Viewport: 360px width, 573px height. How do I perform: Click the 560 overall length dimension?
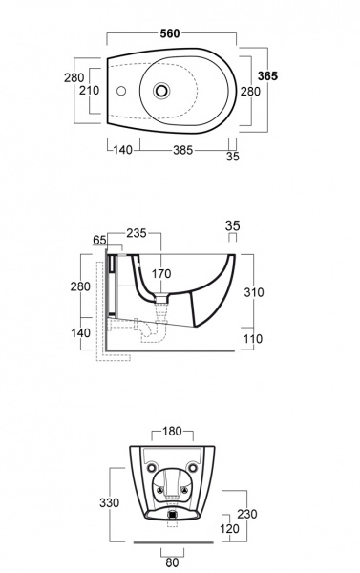[170, 33]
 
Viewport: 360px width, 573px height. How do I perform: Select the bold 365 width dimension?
[267, 76]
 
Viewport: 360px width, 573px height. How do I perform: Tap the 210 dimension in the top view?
[89, 90]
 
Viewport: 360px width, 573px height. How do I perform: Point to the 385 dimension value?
[182, 150]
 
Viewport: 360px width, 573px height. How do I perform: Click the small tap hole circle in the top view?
[121, 91]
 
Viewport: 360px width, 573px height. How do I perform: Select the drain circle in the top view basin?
[161, 91]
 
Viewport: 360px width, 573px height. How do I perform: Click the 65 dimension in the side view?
[99, 240]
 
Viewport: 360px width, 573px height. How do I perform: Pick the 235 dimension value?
[137, 233]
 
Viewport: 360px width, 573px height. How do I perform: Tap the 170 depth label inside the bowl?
[161, 273]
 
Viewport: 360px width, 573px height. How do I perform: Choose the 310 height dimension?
[254, 292]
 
